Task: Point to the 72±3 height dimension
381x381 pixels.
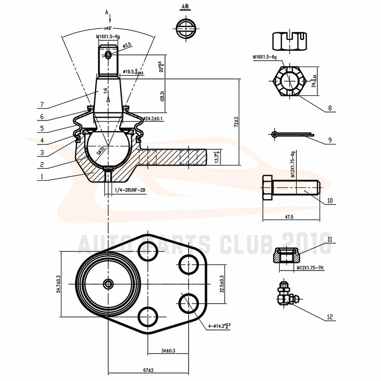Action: pos(236,121)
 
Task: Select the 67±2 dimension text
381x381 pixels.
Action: pos(148,370)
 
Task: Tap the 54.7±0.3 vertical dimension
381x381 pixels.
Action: pos(58,284)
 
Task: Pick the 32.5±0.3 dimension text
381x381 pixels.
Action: pos(221,284)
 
